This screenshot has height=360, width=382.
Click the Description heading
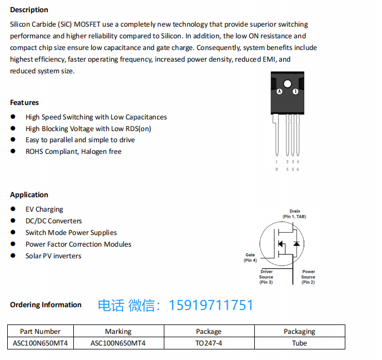pos(29,10)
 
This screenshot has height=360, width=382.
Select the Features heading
pos(24,103)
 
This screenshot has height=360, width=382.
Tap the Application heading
pos(29,195)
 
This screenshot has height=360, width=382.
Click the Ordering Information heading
pos(46,305)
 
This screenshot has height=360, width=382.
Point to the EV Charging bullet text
pos(44,209)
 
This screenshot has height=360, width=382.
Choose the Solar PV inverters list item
pos(53,256)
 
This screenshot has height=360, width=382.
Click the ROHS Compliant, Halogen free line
pos(73,152)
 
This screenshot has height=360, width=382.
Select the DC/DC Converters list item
pos(54,221)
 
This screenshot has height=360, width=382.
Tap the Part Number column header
pos(40,332)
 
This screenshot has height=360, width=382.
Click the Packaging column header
pos(299,332)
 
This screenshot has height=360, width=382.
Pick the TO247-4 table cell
pos(209,343)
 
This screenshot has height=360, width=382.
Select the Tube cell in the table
pos(299,343)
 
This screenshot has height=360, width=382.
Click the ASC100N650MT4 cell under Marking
pos(118,343)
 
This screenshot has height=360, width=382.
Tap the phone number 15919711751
pos(211,306)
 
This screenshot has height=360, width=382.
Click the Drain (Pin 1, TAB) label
pos(294,214)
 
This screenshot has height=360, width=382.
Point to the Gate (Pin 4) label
pos(250,258)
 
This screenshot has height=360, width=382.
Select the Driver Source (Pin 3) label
pos(266,277)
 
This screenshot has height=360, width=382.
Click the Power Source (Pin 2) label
pos(308,277)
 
